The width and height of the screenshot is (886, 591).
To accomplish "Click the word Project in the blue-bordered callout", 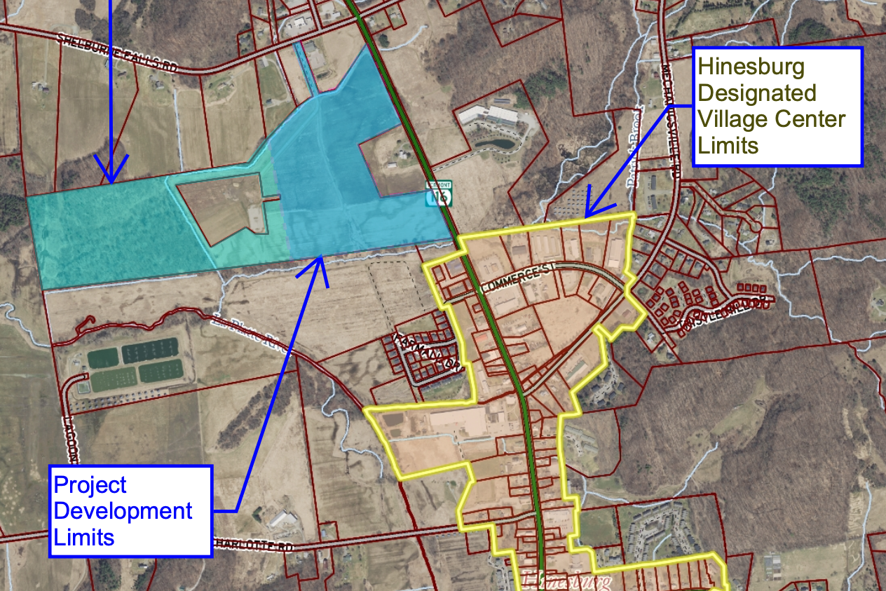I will [90, 484].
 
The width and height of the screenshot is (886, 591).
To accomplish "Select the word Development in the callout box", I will [123, 511].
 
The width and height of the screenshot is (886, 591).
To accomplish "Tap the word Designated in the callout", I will [757, 93].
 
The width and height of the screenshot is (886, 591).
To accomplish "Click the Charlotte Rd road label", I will [252, 545].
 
